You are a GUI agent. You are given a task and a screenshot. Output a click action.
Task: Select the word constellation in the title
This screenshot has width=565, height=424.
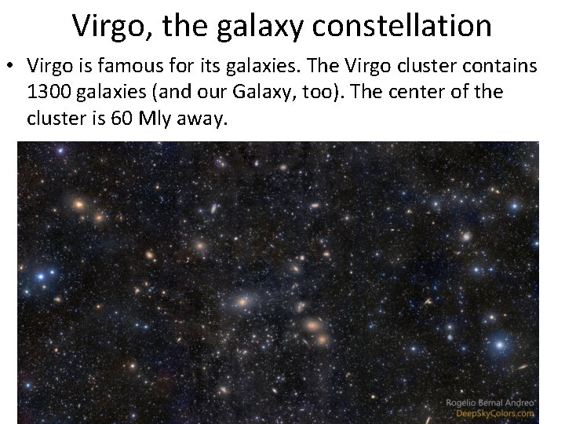[x=402, y=27]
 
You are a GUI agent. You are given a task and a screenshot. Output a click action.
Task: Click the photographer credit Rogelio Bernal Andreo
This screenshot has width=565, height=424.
[x=490, y=402]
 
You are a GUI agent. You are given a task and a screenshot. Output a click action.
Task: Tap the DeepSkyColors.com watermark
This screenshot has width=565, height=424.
[x=494, y=414]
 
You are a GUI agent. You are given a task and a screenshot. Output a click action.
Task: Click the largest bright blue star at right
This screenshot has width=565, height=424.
[x=499, y=344]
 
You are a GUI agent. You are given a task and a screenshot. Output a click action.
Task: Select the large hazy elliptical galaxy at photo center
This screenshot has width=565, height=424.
[x=242, y=301]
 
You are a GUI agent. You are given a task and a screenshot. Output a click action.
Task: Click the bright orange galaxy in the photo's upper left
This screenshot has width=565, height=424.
[x=78, y=204]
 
